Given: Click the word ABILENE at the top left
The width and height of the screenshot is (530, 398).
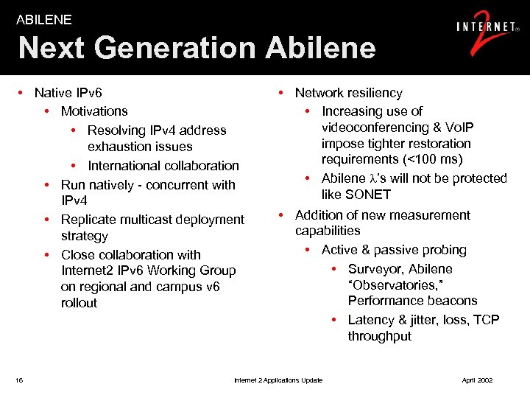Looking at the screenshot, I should pyautogui.click(x=44, y=20).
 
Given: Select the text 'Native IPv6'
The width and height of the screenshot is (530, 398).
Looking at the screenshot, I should pyautogui.click(x=68, y=93).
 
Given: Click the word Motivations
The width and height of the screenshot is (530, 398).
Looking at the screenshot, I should pyautogui.click(x=94, y=111).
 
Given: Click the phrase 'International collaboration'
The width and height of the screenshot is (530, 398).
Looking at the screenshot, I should pyautogui.click(x=163, y=166).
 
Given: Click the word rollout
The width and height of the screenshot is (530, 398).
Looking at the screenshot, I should pyautogui.click(x=79, y=303).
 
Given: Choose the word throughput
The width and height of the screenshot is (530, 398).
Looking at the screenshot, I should pyautogui.click(x=380, y=336).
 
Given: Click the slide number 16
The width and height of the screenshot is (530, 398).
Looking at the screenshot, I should pyautogui.click(x=19, y=380).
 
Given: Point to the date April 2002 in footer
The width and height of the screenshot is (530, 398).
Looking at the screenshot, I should pyautogui.click(x=477, y=380).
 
